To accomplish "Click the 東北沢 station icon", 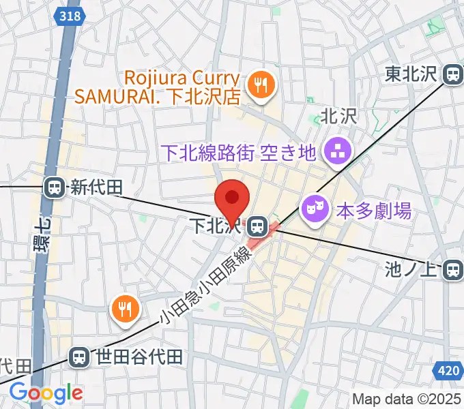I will point(452,74).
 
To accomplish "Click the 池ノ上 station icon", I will point(452,270).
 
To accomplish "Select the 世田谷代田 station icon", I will point(80,356).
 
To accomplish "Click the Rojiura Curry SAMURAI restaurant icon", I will point(261,86).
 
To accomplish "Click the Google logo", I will point(46,393).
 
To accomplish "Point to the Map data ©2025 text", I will point(407,399).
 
